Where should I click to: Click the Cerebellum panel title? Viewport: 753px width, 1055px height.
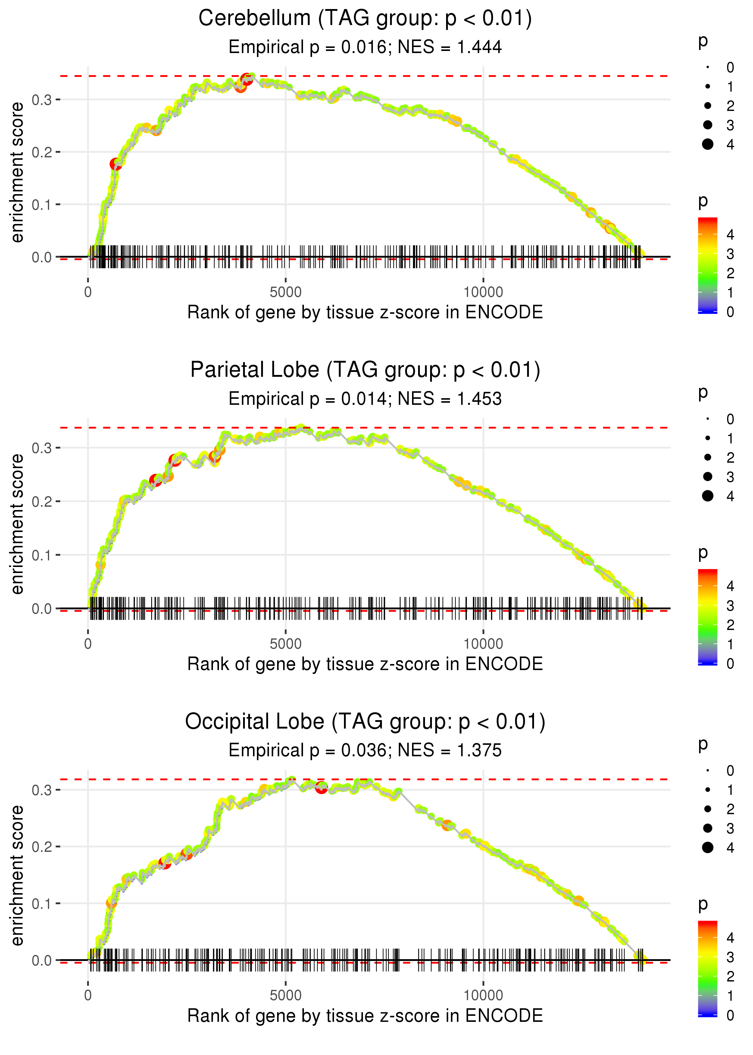tap(365, 19)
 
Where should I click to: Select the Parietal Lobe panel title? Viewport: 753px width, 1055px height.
tap(365, 370)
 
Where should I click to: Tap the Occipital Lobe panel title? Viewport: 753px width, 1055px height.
tap(365, 722)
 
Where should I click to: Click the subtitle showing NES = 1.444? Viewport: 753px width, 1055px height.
tap(365, 47)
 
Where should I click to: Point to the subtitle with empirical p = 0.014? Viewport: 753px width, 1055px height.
tap(365, 399)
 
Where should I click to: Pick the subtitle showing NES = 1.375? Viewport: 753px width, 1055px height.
tap(365, 751)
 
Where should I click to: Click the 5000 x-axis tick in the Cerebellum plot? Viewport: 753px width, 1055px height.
tap(285, 292)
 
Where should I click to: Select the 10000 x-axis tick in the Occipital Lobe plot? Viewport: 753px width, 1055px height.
tap(483, 996)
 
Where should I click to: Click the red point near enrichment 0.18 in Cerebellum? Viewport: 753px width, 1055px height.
tap(115, 164)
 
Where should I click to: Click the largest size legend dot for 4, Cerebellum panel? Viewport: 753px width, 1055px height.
tap(708, 144)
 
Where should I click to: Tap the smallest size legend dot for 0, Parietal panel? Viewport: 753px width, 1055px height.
tap(708, 419)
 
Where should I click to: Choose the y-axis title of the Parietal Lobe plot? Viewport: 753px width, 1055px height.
tap(17, 524)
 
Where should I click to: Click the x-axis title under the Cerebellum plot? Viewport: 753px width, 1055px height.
tap(365, 313)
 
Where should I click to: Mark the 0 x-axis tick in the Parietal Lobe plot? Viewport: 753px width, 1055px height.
tap(88, 644)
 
